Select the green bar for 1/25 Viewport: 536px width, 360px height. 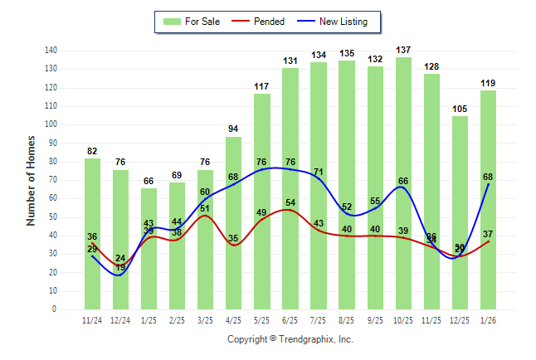[149, 248]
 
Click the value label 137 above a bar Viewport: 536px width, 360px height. [404, 51]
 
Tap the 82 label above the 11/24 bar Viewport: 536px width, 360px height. [92, 152]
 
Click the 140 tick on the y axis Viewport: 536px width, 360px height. [51, 51]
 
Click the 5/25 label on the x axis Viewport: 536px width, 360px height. [262, 320]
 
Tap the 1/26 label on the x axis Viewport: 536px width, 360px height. [489, 320]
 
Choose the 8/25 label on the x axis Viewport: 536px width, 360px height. [347, 320]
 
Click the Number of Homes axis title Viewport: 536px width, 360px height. [31, 180]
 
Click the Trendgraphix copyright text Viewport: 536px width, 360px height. [290, 339]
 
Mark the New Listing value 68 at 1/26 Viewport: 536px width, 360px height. [489, 177]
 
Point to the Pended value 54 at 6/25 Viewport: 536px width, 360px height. [290, 203]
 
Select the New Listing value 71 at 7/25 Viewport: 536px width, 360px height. [319, 172]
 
